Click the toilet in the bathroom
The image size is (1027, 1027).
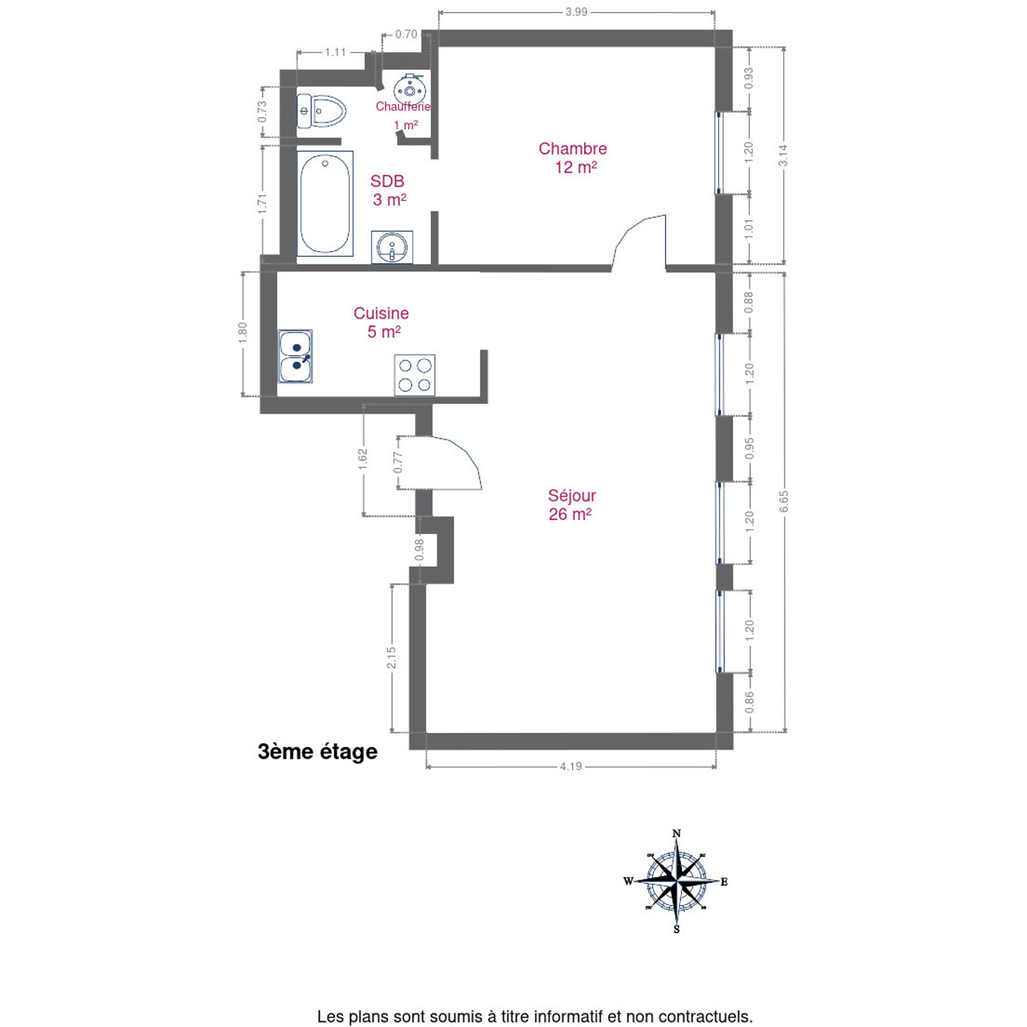[x=321, y=111]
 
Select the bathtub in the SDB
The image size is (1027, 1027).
[x=325, y=203]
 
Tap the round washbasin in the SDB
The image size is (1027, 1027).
[x=392, y=247]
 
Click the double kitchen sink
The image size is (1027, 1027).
[x=295, y=356]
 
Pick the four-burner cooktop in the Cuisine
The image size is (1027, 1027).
[x=414, y=375]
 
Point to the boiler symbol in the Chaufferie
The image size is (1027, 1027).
[x=409, y=88]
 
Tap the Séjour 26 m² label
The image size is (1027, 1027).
[x=571, y=505]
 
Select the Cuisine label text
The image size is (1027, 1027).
[x=381, y=313]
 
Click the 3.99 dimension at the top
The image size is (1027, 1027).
[x=576, y=11]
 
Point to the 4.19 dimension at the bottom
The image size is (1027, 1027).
[x=571, y=767]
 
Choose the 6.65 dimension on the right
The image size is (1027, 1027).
[x=783, y=501]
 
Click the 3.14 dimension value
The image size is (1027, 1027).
[x=783, y=155]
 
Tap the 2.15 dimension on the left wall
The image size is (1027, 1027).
[x=392, y=658]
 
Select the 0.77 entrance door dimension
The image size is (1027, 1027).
[x=397, y=462]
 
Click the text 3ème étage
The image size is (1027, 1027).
[x=317, y=752]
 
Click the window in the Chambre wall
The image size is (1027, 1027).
[x=719, y=153]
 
